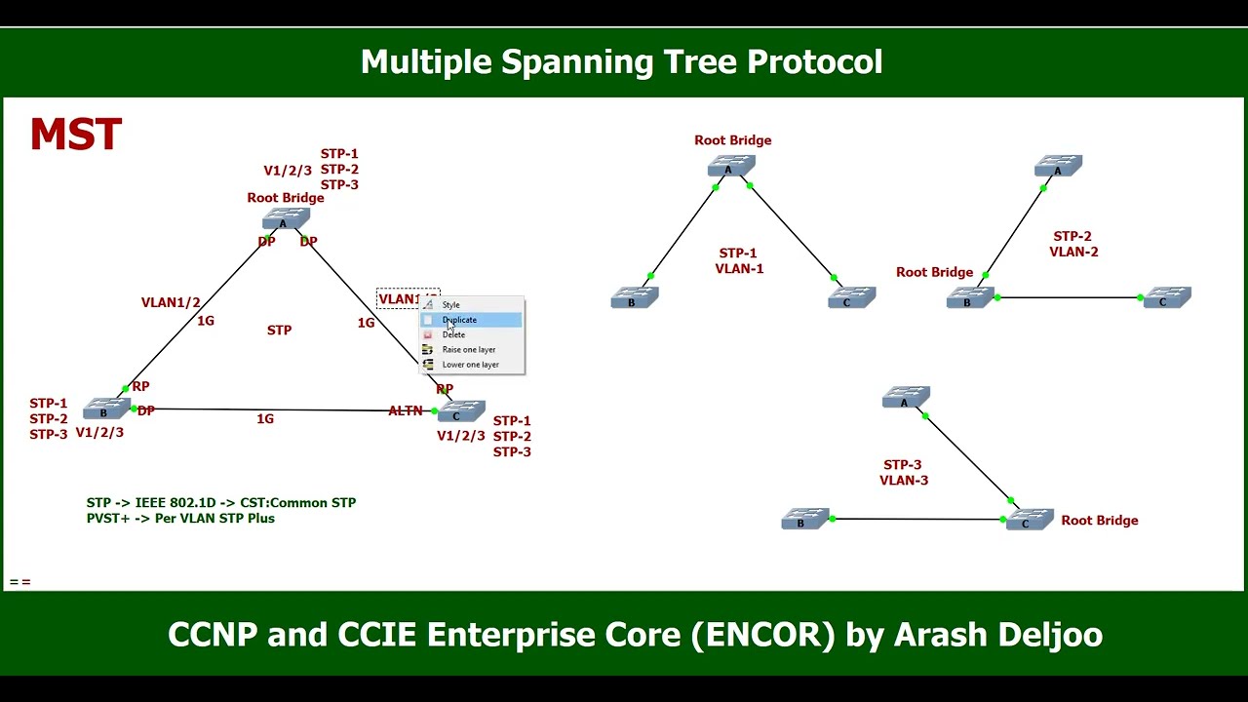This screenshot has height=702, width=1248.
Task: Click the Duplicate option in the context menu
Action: [460, 320]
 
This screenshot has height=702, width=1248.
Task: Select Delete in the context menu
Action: [454, 334]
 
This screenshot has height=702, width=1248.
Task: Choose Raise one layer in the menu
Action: [469, 349]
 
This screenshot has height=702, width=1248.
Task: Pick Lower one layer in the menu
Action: [470, 365]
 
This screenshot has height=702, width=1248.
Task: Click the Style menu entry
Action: [450, 305]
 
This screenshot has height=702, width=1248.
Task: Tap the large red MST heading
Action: [76, 136]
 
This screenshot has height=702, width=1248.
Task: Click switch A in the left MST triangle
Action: [285, 220]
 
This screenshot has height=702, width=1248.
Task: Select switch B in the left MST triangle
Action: [105, 409]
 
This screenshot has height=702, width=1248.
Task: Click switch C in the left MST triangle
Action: [460, 412]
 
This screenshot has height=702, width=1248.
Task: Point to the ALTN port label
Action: [406, 410]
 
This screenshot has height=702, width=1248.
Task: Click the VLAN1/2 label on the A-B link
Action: [171, 302]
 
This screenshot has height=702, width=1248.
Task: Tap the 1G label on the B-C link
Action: [265, 418]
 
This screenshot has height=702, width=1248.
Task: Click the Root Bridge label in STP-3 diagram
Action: [1099, 520]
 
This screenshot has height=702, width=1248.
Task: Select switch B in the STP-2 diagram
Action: [969, 298]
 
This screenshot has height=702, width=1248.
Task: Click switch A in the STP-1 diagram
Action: [731, 168]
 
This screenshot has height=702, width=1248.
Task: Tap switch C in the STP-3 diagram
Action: [1029, 521]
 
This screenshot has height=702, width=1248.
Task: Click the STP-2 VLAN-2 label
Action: [1073, 244]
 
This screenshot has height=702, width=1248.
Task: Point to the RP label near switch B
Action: [140, 386]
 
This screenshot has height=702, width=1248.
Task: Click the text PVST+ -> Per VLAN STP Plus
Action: [180, 518]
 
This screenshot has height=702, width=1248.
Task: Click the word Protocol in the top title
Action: [814, 61]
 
